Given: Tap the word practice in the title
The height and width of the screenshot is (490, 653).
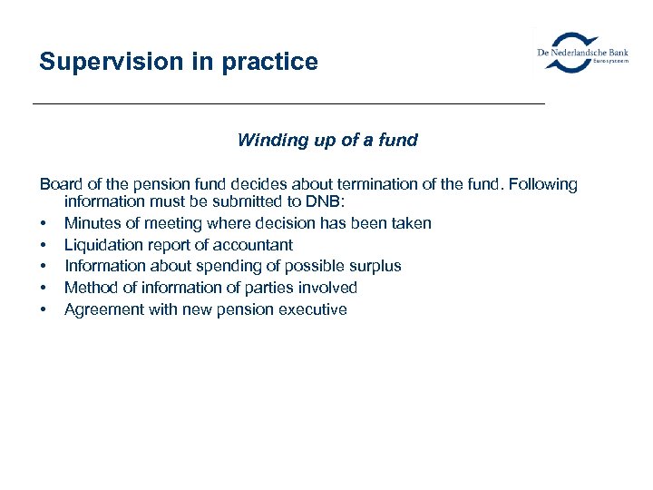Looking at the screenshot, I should [268, 63].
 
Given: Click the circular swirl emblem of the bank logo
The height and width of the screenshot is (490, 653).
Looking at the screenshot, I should [574, 52].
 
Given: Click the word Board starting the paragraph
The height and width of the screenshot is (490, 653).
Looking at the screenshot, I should [61, 185].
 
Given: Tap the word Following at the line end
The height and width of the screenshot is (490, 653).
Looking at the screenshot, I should [543, 185].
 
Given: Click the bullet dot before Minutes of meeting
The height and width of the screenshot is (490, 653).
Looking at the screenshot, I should [43, 224].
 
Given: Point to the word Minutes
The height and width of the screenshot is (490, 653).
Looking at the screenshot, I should [93, 223].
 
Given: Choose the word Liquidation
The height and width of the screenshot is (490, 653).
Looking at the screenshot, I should [102, 245].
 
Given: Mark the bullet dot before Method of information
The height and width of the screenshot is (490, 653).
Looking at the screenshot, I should [43, 289].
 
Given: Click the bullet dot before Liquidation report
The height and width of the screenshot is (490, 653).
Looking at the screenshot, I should [43, 246].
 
